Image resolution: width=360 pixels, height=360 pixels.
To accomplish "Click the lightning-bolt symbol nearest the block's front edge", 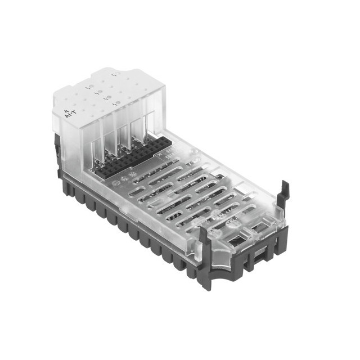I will pyautogui.click(x=115, y=103).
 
